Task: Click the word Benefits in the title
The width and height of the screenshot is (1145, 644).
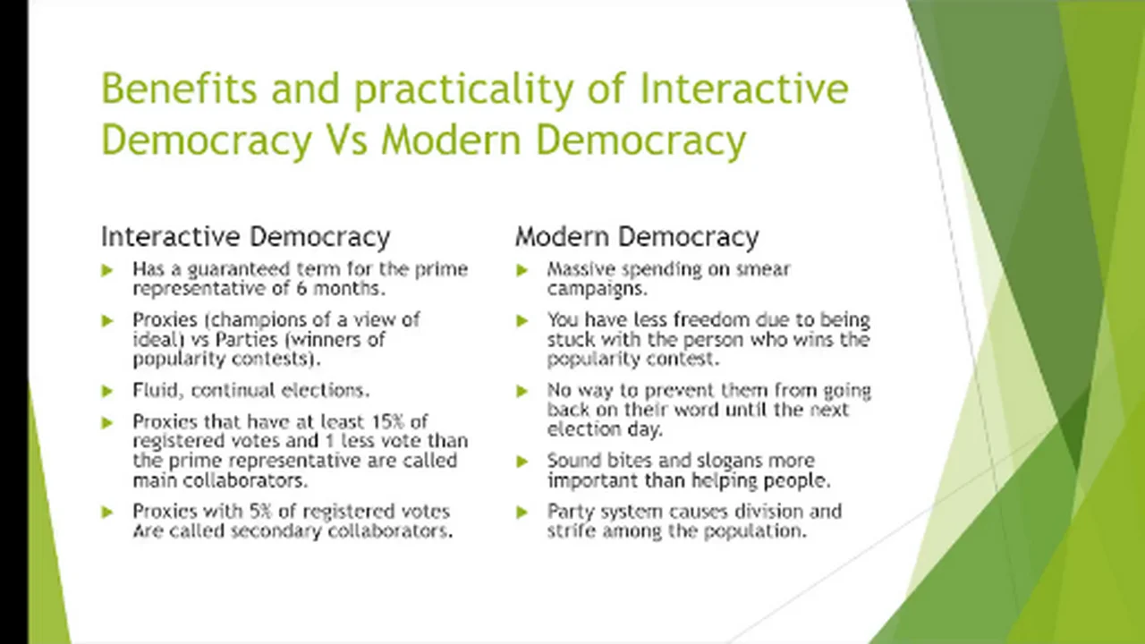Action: pyautogui.click(x=179, y=88)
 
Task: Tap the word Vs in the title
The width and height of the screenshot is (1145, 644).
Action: pyautogui.click(x=346, y=140)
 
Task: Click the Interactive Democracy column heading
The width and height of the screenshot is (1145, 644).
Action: pyautogui.click(x=246, y=237)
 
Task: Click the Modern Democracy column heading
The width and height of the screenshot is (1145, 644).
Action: pyautogui.click(x=637, y=237)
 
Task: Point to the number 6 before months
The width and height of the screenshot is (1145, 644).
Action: pyautogui.click(x=301, y=289)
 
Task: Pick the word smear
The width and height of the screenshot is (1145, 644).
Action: pyautogui.click(x=763, y=269)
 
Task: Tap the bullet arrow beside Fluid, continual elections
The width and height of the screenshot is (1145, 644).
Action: pyautogui.click(x=106, y=391)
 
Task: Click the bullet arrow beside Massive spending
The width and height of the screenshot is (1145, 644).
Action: pyautogui.click(x=522, y=270)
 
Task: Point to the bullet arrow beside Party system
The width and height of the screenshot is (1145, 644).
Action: pyautogui.click(x=522, y=513)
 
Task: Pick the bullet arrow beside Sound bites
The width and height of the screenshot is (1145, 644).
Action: pyautogui.click(x=522, y=462)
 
